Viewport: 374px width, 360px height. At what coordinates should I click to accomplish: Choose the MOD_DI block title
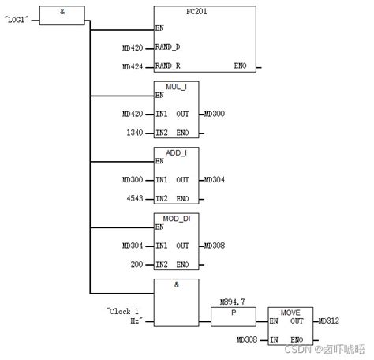[176, 218]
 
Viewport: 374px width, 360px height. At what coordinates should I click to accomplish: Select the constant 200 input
[135, 264]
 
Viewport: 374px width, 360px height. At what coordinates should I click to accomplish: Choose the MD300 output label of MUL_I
[214, 114]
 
